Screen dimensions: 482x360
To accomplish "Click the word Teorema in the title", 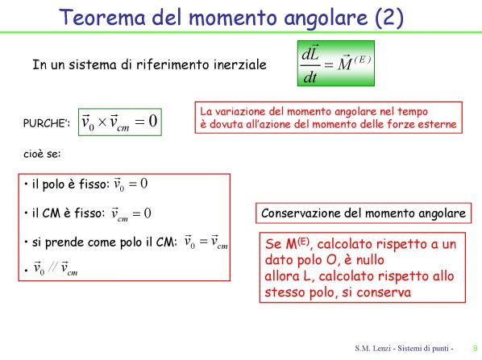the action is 102,18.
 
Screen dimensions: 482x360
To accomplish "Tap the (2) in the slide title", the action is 389,18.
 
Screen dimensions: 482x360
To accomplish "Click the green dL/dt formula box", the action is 335,64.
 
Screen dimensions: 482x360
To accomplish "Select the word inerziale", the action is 239,64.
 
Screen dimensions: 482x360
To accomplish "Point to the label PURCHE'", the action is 47,123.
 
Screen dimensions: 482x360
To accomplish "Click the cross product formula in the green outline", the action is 120,122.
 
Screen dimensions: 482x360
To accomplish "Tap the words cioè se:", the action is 42,154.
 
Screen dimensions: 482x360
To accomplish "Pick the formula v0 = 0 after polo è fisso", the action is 131,184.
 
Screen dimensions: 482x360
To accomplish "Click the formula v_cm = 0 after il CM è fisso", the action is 131,213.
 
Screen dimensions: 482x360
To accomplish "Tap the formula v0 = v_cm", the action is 206,242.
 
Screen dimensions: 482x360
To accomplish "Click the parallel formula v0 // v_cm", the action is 56,268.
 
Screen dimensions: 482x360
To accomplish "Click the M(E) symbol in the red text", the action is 297,244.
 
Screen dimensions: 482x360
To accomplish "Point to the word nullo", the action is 370,260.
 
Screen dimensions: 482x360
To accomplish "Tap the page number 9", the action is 475,348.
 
